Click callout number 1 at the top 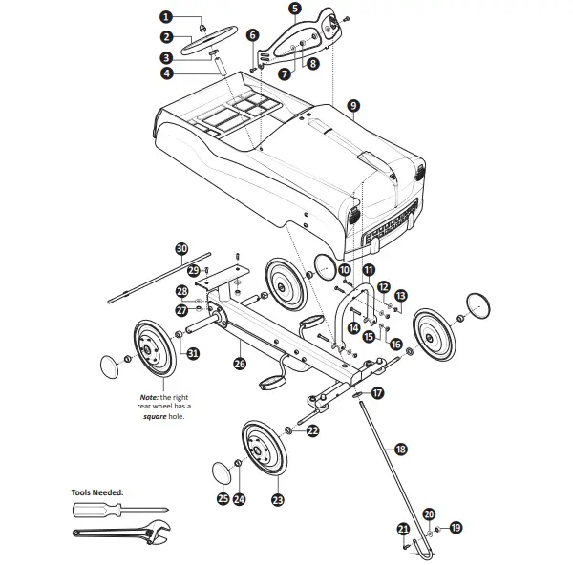click(165, 17)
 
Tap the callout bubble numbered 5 click(294, 9)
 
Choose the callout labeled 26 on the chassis click(240, 363)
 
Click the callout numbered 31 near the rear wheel click(193, 353)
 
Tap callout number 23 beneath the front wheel click(278, 499)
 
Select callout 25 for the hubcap click(223, 498)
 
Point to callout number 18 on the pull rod click(400, 449)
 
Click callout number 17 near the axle click(377, 392)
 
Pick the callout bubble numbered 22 click(312, 431)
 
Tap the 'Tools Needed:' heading click(97, 493)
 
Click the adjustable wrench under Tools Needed click(124, 535)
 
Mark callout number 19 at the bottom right click(456, 527)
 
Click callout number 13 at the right click(401, 296)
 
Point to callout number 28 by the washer click(181, 291)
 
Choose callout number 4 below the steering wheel click(166, 73)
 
